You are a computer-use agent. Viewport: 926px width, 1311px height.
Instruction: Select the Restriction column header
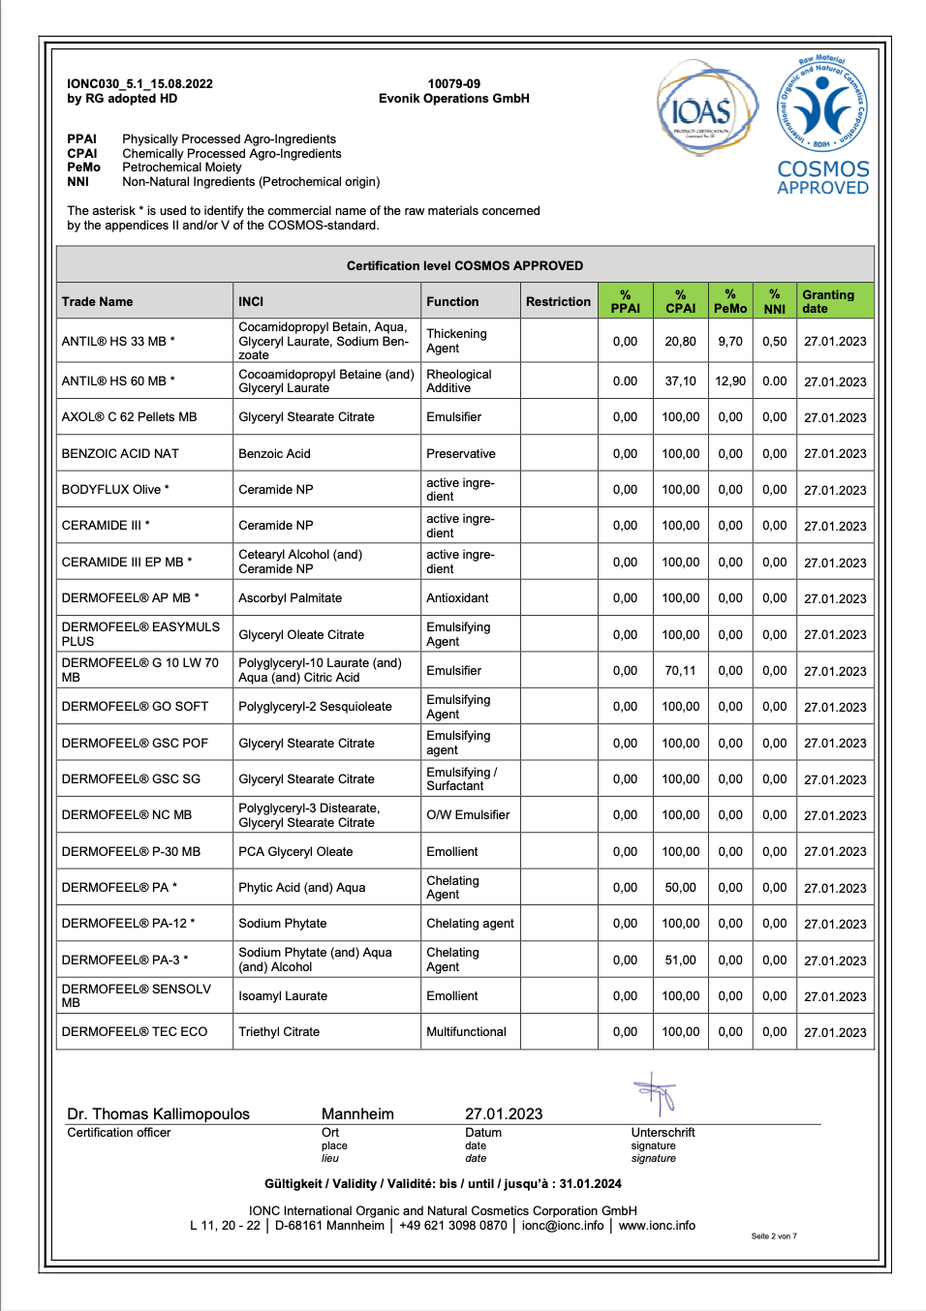558,302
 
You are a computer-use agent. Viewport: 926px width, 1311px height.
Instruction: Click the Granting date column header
828,301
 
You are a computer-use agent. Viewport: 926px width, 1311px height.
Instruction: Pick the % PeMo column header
730,301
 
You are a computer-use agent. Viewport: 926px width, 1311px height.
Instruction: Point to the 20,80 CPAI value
680,342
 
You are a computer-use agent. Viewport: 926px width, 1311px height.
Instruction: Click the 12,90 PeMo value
730,381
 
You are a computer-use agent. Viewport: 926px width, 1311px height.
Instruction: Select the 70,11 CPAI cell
680,671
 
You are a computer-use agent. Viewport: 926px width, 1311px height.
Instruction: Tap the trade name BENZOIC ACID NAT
120,454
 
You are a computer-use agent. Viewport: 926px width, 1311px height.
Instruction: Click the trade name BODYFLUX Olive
111,490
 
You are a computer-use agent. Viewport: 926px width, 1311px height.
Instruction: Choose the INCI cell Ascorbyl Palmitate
290,598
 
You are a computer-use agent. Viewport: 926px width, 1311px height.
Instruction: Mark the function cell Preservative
461,454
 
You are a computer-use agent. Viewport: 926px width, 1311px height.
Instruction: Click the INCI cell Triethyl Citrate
279,1032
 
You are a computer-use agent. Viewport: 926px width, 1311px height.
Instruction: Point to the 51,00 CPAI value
680,960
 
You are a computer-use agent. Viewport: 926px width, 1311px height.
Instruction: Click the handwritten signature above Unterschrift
657,1095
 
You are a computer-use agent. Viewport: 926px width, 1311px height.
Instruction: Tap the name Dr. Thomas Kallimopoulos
158,1114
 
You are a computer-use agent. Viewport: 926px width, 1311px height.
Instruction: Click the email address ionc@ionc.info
563,1226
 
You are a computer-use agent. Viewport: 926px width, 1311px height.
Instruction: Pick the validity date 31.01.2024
590,1184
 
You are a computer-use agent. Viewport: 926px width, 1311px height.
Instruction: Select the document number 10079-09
453,84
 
